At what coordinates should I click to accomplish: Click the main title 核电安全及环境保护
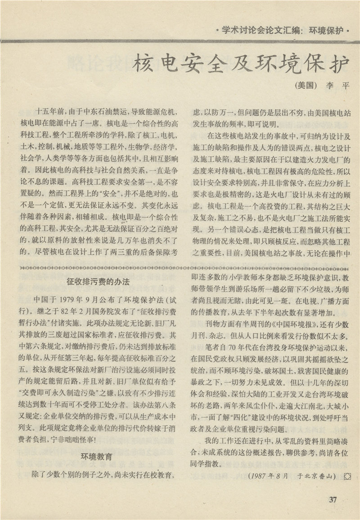coord(241,64)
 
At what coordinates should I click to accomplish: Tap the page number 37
coord(333,498)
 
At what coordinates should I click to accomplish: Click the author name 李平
coord(337,86)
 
